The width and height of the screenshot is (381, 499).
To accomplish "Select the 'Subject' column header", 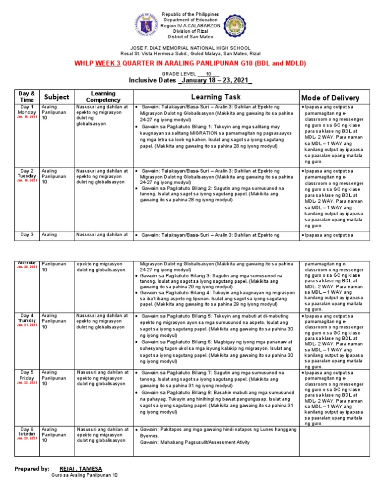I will click(x=56, y=97).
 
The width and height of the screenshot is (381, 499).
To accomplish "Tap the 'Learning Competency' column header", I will click(x=103, y=97).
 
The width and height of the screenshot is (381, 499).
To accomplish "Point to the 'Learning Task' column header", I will click(x=216, y=97).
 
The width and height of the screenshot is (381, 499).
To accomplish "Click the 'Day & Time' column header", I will click(x=26, y=97).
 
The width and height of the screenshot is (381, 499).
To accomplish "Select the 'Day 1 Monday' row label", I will click(x=26, y=110).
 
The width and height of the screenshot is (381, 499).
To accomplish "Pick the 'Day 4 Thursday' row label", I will click(x=26, y=318).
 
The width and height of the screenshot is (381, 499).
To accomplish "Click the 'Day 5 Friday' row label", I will click(x=26, y=375).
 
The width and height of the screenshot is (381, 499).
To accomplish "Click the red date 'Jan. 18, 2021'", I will click(x=26, y=117).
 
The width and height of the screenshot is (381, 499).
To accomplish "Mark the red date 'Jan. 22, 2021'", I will click(x=26, y=382).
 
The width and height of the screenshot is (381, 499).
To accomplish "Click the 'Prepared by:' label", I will click(x=32, y=468).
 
